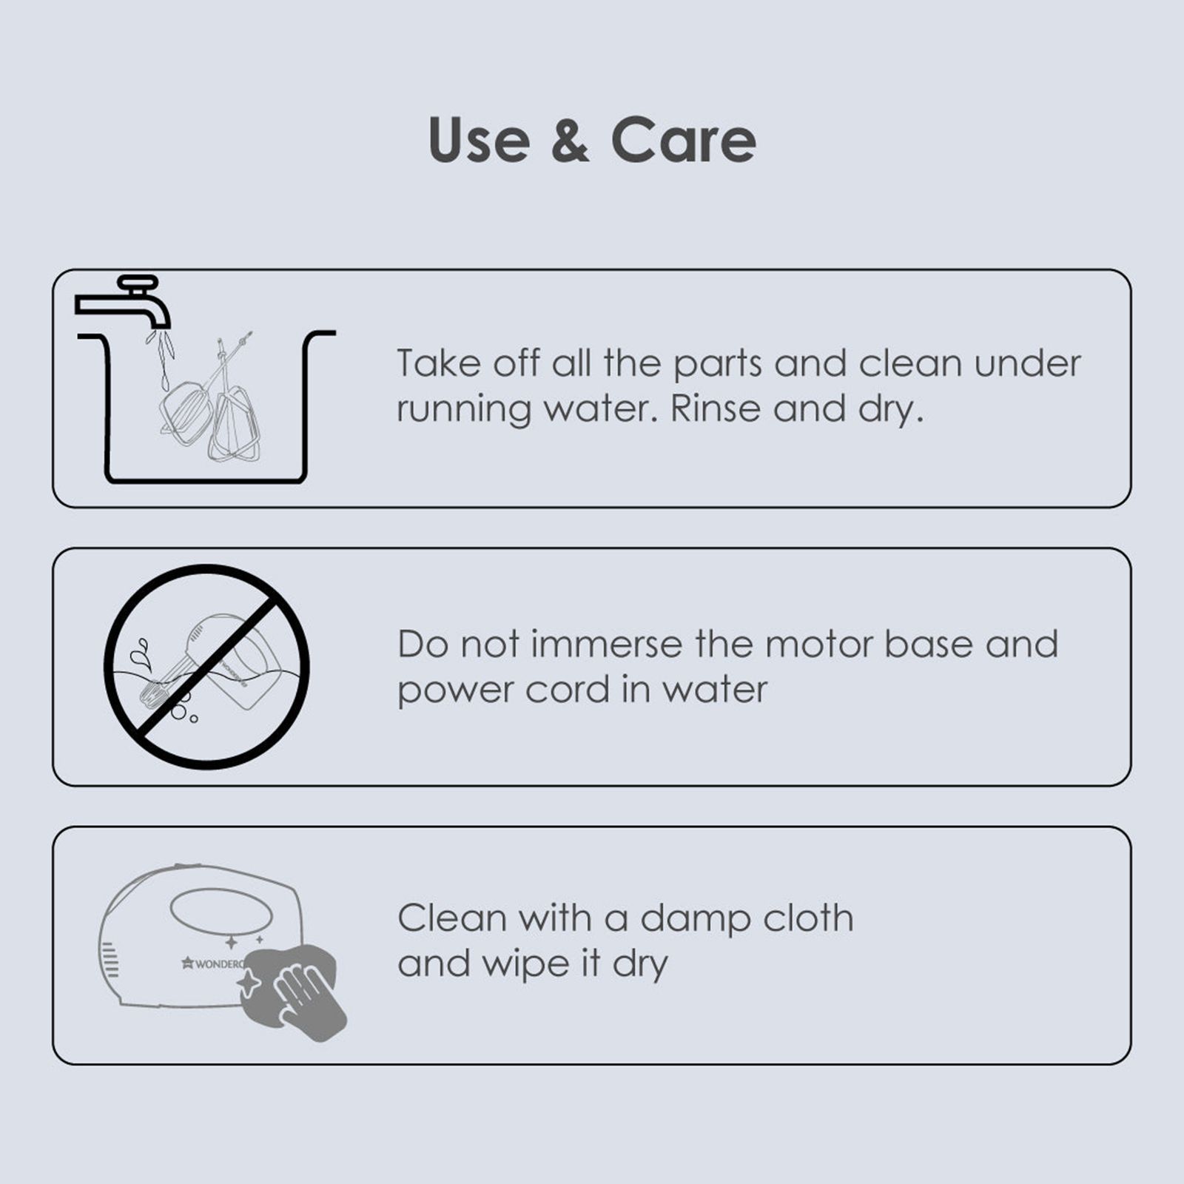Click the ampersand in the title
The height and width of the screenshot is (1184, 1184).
coord(570,140)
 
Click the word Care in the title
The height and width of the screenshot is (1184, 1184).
coord(683,140)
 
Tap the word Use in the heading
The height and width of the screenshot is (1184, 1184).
coord(479,140)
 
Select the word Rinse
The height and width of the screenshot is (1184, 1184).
coord(715,409)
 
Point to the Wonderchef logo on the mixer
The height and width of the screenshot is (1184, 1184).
coord(213,963)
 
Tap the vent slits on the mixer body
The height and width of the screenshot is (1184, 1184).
coord(110,960)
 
